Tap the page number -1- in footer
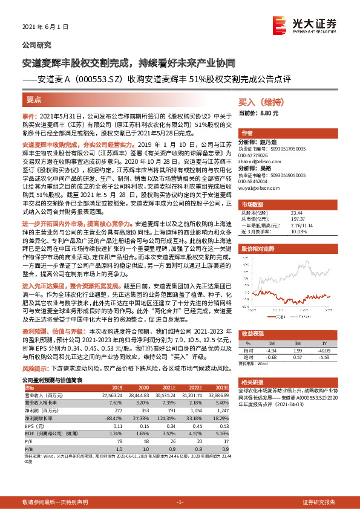tap(180, 502)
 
